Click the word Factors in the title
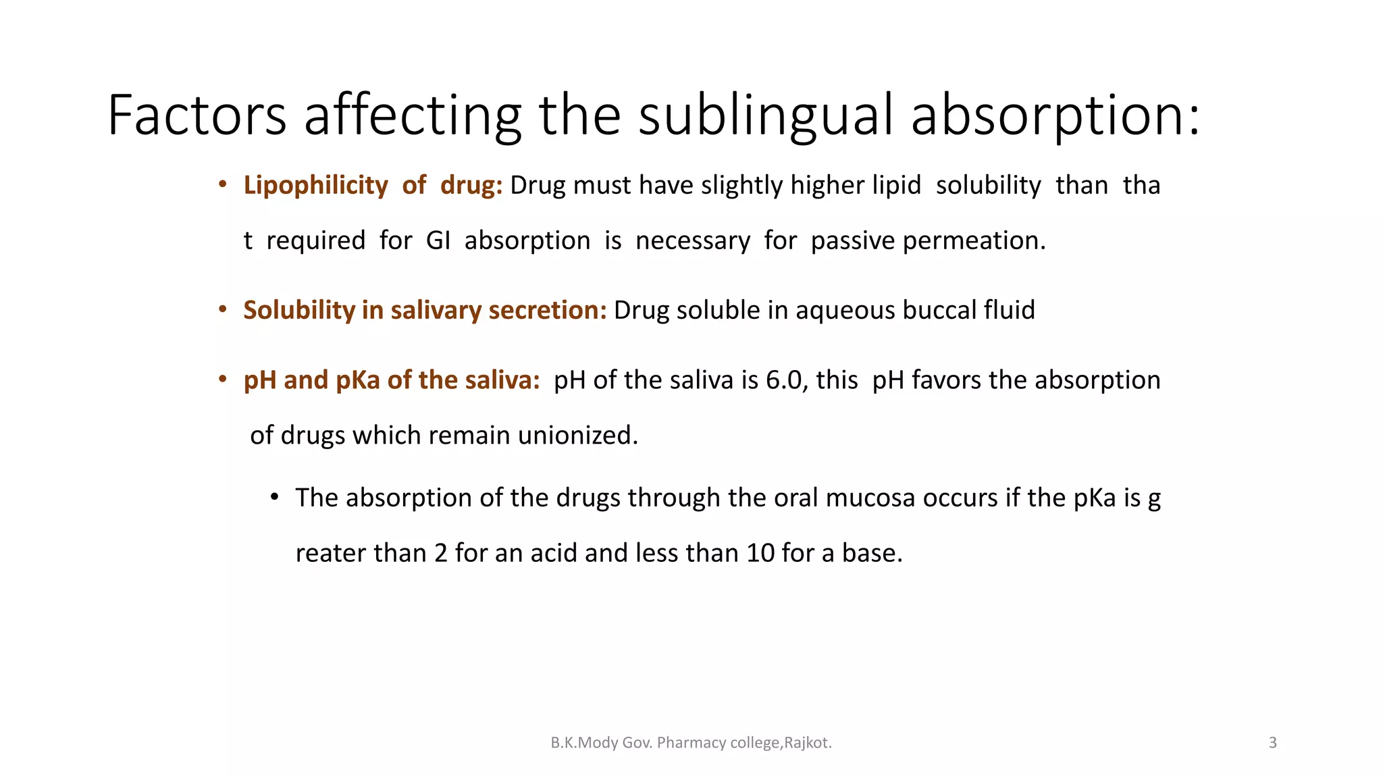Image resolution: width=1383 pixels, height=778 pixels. [x=197, y=115]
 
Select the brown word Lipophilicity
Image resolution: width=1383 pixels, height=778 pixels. [x=315, y=185]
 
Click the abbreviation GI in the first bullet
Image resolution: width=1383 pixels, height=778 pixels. [x=438, y=240]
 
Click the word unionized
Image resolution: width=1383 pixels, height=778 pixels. [x=577, y=436]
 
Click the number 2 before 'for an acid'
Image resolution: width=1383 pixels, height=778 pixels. [x=441, y=553]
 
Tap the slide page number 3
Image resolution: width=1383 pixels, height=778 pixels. [x=1273, y=743]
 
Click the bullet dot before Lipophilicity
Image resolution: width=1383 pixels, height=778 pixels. [x=222, y=184]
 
